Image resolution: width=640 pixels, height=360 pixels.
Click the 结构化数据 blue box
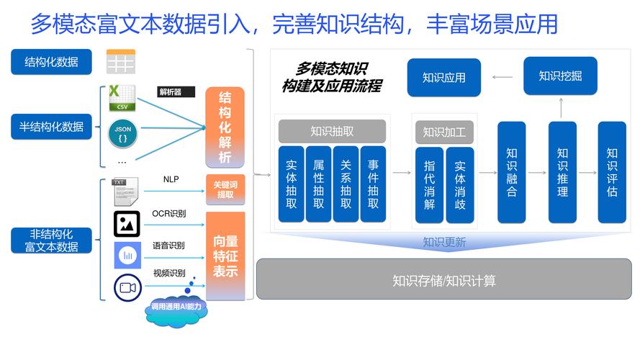(51, 62)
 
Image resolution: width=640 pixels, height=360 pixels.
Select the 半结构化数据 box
(51, 127)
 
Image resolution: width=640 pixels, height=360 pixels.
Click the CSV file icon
(122, 99)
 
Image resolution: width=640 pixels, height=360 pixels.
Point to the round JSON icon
(122, 134)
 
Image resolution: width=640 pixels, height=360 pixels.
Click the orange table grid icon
(120, 62)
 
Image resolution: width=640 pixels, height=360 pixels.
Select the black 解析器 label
(176, 92)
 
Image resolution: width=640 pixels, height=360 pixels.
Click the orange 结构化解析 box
(225, 127)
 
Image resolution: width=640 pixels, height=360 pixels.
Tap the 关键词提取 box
(225, 189)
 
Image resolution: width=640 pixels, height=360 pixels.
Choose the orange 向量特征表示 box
(225, 256)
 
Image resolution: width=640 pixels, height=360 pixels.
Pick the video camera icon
(127, 288)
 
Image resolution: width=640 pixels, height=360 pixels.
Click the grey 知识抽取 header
(332, 131)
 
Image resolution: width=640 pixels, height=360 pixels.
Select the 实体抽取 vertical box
(292, 184)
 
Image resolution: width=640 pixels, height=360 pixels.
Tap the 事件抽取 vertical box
(373, 184)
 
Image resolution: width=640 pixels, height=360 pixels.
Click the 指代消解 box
(429, 185)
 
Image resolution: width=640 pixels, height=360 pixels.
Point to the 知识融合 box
(512, 172)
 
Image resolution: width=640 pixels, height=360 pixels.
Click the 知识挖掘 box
(560, 76)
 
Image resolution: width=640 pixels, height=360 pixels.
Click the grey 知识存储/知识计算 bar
(443, 279)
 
